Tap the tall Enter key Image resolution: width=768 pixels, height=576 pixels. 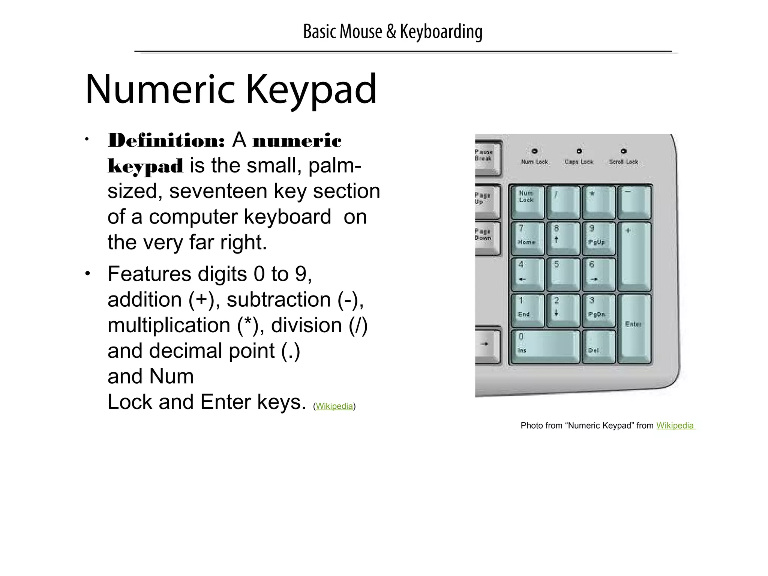pyautogui.click(x=634, y=328)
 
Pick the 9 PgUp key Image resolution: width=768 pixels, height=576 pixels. pyautogui.click(x=598, y=238)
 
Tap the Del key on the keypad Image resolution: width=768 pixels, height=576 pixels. pyautogui.click(x=598, y=346)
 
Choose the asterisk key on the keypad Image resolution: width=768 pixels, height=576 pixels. pyautogui.click(x=598, y=202)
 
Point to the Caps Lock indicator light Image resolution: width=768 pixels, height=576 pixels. pyautogui.click(x=579, y=151)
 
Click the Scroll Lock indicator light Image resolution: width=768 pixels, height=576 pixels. pyautogui.click(x=624, y=151)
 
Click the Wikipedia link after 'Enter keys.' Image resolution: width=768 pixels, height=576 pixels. pyautogui.click(x=334, y=406)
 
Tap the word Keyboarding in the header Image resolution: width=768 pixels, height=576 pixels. pyautogui.click(x=441, y=31)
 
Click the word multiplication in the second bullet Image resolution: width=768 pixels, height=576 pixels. pyautogui.click(x=169, y=325)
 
